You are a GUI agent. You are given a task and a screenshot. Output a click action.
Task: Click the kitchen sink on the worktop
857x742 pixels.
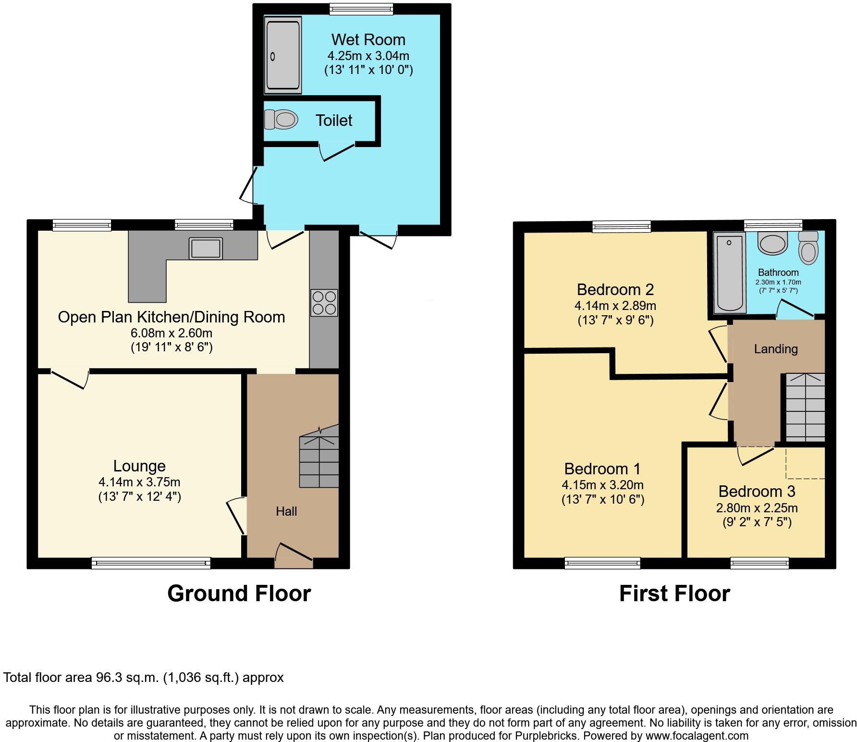[x=206, y=248]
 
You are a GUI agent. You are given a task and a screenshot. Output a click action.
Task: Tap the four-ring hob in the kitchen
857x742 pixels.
[x=324, y=303]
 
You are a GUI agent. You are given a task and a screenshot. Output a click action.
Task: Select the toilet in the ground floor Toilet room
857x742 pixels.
[x=282, y=119]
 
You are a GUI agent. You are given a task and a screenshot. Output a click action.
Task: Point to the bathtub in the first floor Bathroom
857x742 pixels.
[x=730, y=272]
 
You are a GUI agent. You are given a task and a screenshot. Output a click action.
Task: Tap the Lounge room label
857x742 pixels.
[x=139, y=466]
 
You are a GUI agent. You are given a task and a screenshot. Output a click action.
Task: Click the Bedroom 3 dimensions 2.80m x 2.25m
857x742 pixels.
[x=757, y=508]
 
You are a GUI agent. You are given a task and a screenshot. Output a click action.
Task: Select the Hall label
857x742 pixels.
[x=286, y=511]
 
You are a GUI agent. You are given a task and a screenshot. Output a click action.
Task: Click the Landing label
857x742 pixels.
[x=775, y=349]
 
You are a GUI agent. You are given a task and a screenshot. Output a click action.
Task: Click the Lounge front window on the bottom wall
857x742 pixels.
[x=151, y=563]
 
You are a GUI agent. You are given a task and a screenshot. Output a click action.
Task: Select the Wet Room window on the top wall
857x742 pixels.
[x=361, y=9]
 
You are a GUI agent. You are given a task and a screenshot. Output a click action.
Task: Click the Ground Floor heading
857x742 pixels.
[x=239, y=594]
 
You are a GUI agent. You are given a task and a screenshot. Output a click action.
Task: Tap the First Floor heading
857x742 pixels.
[x=674, y=594]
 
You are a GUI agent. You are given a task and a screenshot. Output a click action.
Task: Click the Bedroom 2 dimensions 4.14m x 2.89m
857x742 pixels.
[x=615, y=306]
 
